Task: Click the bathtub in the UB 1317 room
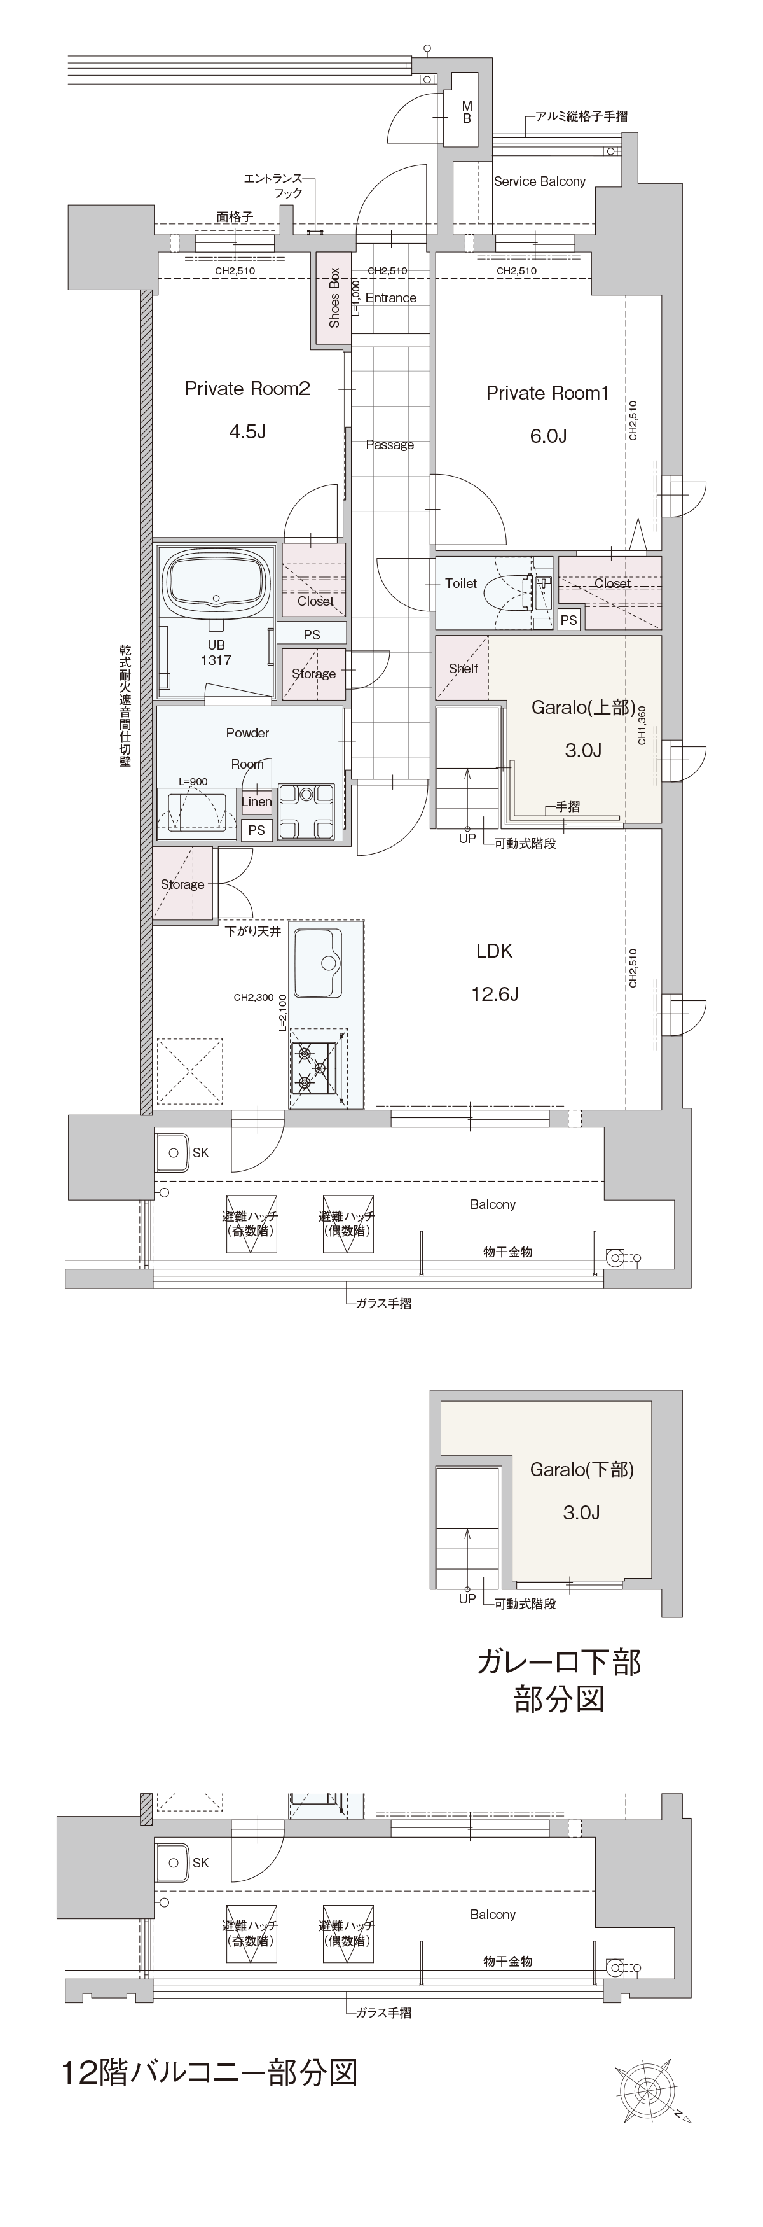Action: pos(217,585)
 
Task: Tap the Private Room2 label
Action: pos(247,389)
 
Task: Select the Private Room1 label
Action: pos(548,393)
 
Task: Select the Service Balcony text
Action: pos(539,181)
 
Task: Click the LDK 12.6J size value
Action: pos(494,994)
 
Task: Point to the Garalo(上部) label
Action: pos(583,707)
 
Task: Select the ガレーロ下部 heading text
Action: pos(558,1661)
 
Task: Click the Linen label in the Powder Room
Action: pos(257,802)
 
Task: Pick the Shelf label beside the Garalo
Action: pos(463,668)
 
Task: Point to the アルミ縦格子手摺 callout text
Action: pos(582,116)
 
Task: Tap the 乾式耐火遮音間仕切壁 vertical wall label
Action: pos(125,704)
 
